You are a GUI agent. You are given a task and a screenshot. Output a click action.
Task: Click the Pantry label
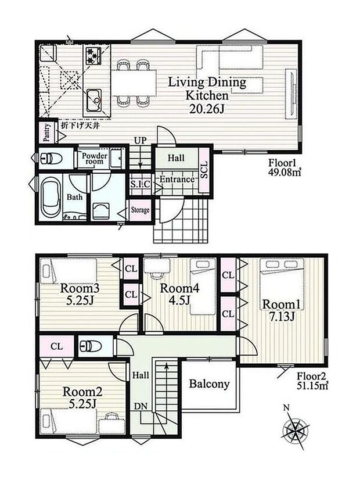click(x=46, y=132)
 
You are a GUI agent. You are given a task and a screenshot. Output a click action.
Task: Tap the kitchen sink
click(x=94, y=100)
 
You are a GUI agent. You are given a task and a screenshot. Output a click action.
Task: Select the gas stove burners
click(x=93, y=56)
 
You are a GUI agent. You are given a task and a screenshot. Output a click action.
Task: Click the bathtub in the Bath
click(x=51, y=198)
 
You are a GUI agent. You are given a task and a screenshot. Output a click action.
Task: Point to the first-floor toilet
click(x=51, y=158)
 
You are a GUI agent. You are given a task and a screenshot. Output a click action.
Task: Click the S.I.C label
click(x=140, y=184)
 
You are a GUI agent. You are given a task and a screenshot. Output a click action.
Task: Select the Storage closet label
click(x=141, y=210)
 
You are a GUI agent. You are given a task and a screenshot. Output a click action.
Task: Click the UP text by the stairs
click(x=141, y=141)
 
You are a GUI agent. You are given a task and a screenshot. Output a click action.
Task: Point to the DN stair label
click(x=141, y=407)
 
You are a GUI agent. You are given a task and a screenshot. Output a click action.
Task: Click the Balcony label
click(x=209, y=384)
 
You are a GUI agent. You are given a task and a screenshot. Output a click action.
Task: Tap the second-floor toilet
click(x=91, y=346)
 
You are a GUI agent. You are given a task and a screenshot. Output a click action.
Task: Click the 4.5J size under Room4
click(x=180, y=300)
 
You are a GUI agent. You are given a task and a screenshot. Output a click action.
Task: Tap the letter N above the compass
click(x=286, y=407)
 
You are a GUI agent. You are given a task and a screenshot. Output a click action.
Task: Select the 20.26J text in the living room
click(x=207, y=109)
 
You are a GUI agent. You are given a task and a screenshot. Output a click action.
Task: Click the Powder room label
click(x=94, y=158)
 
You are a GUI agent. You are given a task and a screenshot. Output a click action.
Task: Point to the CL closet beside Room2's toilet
click(x=57, y=346)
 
